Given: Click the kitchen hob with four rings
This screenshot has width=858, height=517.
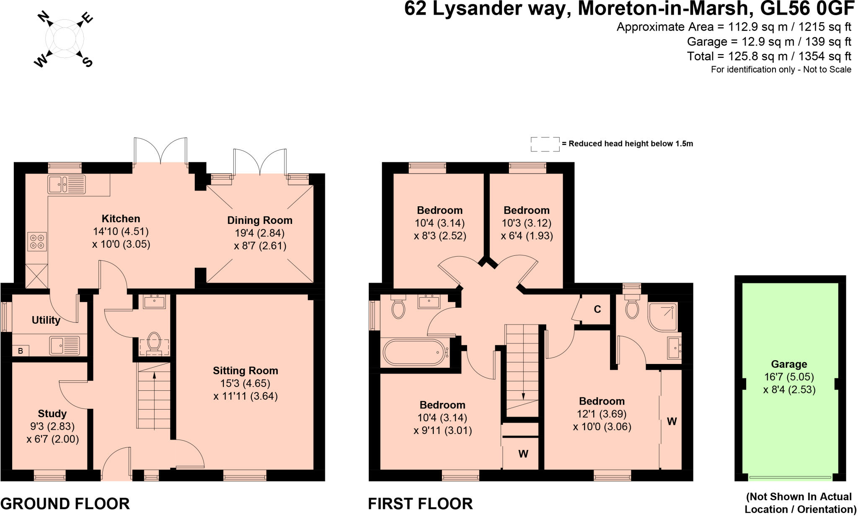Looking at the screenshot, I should tap(37, 242).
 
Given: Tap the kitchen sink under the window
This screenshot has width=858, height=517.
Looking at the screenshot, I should tap(66, 184).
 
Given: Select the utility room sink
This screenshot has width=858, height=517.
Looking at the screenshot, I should tap(65, 346).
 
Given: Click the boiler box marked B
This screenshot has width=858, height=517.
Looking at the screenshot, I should tap(21, 351).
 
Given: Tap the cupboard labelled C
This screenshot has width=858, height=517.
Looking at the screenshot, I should tap(597, 309).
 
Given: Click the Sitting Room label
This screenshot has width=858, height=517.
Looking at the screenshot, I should tap(245, 371).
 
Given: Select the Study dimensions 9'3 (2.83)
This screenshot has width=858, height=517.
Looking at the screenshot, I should tap(52, 426).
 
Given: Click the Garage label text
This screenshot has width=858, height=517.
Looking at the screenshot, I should tap(789, 364).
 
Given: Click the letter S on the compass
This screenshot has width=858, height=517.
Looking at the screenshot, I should tap(87, 62).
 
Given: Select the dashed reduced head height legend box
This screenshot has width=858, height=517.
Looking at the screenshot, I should tap(545, 144).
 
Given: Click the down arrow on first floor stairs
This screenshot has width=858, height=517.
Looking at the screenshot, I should tap(523, 396).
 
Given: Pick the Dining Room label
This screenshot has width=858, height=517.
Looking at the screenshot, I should tap(259, 221).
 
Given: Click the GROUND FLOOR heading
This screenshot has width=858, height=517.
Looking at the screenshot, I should tap(65, 504).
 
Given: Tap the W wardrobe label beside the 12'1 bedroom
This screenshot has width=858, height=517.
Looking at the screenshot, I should tap(672, 422).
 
